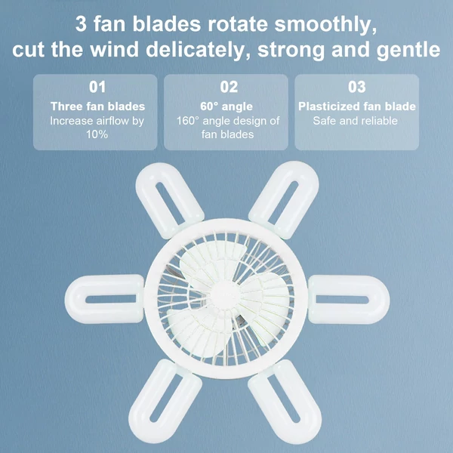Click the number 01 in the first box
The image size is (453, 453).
click(x=97, y=87)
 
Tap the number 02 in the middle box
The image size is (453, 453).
click(x=229, y=87)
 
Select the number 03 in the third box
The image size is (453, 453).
click(x=357, y=87)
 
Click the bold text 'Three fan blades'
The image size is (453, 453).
click(x=97, y=106)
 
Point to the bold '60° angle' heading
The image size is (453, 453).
click(x=226, y=106)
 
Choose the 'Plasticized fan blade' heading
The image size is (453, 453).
click(x=357, y=106)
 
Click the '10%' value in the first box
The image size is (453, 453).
click(x=97, y=134)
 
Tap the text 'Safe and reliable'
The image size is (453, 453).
click(x=355, y=121)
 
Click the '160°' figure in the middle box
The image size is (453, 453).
click(x=188, y=121)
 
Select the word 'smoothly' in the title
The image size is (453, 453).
click(x=325, y=24)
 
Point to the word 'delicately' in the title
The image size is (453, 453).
click(x=198, y=50)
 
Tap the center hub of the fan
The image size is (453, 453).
click(x=226, y=295)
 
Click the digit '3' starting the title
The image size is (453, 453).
click(x=82, y=24)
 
